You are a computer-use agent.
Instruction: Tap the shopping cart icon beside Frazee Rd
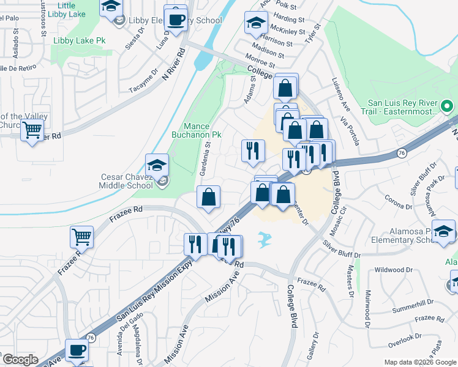81,235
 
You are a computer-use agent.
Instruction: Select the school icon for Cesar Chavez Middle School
157,165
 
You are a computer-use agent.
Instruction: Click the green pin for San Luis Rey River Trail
448,106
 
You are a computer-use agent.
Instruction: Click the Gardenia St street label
208,157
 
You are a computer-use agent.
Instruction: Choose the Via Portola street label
353,132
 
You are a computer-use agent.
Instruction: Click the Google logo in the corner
20,360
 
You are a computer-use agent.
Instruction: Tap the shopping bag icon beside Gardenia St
208,198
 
